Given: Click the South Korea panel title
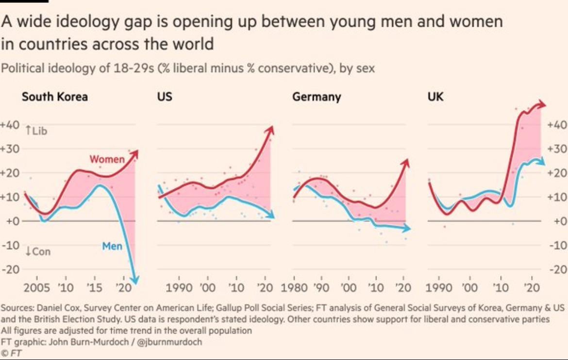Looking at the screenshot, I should coord(55,97).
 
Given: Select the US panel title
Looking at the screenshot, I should coord(165,97).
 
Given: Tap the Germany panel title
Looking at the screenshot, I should coord(317,97).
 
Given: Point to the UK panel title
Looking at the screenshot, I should coord(435,97).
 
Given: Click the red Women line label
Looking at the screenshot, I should coord(107,159).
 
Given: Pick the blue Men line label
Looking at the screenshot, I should coord(112,246).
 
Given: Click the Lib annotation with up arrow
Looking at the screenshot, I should coord(36,130).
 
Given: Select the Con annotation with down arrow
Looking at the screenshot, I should coord(37,252).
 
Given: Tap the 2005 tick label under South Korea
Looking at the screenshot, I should coord(37,288).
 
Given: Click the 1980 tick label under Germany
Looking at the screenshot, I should coord(294,288).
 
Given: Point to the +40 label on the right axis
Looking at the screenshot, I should coord(557,125).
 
